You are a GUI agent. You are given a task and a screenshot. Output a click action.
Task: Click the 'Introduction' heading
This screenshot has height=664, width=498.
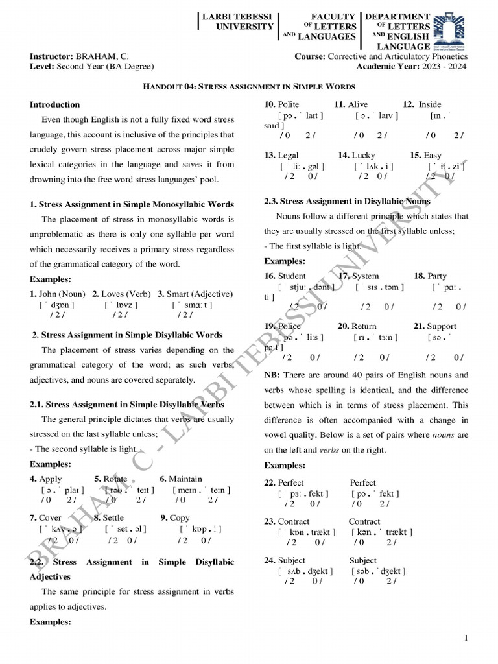(x=55, y=104)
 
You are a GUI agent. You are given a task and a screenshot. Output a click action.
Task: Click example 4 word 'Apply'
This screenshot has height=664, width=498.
(x=51, y=479)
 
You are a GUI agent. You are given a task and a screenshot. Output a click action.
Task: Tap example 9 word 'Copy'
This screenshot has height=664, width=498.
(x=180, y=518)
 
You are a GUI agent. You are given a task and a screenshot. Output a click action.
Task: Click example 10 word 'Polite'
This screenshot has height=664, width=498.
(x=289, y=104)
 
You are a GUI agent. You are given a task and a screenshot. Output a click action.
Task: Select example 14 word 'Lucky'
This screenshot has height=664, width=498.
(x=363, y=156)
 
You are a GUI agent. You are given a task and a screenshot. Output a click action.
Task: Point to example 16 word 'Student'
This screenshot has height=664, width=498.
(x=292, y=276)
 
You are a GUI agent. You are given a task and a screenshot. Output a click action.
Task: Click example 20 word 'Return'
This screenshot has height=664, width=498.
(x=364, y=326)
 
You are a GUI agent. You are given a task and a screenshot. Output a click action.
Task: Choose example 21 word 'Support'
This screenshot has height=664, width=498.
(x=441, y=326)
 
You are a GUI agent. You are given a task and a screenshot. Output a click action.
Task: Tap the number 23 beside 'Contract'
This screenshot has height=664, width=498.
(x=270, y=521)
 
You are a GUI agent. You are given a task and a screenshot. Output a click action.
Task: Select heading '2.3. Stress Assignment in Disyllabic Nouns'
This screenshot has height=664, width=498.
(x=347, y=202)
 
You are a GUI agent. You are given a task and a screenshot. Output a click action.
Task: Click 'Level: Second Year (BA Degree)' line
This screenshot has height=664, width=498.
(x=92, y=66)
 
